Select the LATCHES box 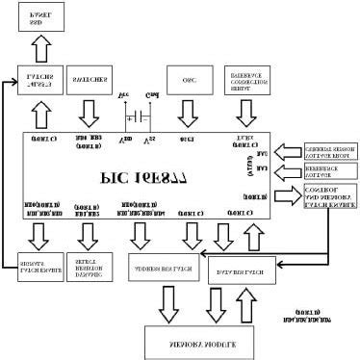[40, 82]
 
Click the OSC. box [188, 81]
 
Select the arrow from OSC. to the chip [188, 116]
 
